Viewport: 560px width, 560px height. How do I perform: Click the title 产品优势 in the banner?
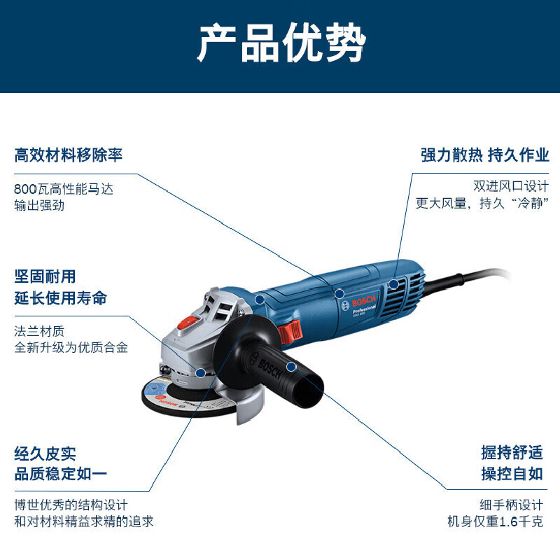(280, 44)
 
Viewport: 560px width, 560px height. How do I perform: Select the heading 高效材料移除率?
(69, 154)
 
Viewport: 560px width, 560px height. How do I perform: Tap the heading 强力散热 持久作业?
(485, 155)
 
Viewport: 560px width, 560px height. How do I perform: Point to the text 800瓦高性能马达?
(63, 188)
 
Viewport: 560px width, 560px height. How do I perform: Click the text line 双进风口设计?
(510, 186)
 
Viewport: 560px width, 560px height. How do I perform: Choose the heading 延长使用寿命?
(61, 297)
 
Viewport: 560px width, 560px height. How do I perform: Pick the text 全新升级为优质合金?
(71, 346)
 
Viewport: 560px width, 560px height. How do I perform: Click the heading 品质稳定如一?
(61, 474)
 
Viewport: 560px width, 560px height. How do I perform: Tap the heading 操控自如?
(512, 473)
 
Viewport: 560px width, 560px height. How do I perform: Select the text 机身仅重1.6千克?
(495, 521)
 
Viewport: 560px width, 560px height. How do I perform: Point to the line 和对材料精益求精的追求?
(84, 521)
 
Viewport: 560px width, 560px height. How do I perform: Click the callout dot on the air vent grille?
(394, 283)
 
